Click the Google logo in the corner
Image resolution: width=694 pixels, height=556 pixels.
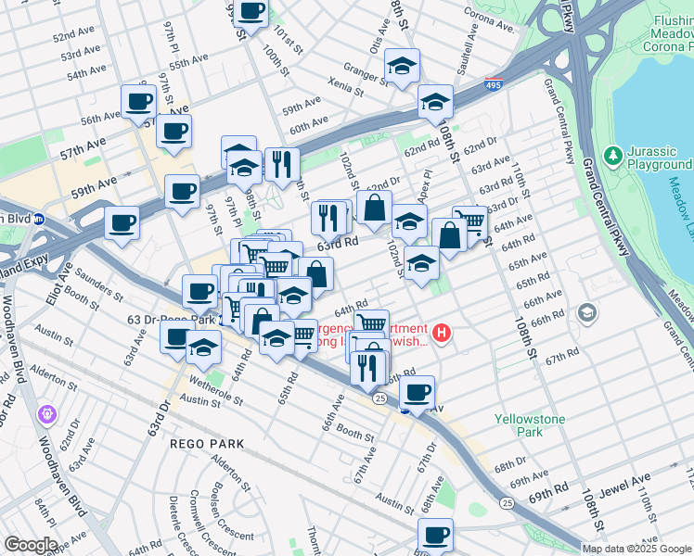(31, 545)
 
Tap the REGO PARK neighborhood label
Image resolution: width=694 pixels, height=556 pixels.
(207, 444)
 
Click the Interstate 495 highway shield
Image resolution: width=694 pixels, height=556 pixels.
(495, 83)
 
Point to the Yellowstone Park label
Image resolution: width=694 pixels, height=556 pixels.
(529, 425)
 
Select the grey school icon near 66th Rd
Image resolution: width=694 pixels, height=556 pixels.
(586, 313)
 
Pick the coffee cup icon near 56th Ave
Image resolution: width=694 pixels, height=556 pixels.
(139, 101)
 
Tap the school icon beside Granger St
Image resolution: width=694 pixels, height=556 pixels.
(402, 67)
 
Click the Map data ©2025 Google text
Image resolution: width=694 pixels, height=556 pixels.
(636, 549)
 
